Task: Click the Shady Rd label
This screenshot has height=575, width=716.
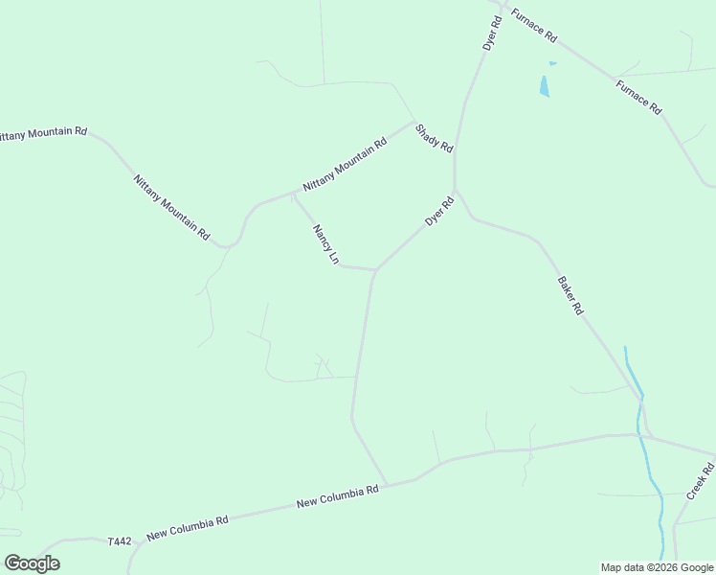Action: pos(434,137)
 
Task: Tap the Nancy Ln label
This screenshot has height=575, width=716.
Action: pos(325,244)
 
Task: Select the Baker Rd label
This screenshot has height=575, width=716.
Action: pos(571,296)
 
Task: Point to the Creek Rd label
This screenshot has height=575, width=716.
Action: pos(701,481)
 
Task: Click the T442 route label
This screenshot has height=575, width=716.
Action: pos(120,541)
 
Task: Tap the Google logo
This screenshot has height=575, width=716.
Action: pos(32,563)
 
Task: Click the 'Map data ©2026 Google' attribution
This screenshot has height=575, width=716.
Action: pos(658,567)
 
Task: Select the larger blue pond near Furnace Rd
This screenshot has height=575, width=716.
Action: pos(545,86)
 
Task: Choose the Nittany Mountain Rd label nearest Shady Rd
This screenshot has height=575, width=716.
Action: pos(345,163)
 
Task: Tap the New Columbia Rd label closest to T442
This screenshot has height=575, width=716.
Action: pos(188,526)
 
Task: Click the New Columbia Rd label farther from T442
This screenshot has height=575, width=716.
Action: pos(338,496)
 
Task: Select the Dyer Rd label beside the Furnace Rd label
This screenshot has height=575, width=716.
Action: pos(492,34)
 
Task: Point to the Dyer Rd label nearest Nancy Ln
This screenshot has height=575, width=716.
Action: pos(439,212)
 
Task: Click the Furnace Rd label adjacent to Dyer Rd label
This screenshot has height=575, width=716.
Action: pos(533,25)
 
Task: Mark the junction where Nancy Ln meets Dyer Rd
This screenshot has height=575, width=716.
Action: pos(374,269)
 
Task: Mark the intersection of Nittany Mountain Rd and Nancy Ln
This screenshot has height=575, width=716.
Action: pos(293,193)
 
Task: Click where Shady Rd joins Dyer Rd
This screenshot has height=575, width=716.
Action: pos(455,153)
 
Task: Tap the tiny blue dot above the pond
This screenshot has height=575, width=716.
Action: pos(552,64)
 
